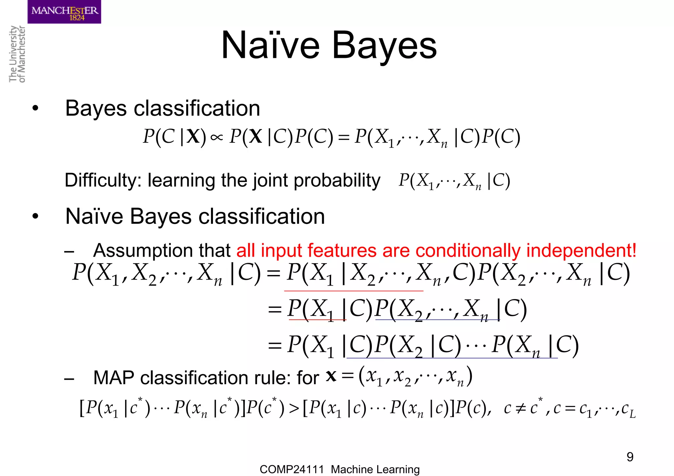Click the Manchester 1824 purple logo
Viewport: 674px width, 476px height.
pyautogui.click(x=64, y=12)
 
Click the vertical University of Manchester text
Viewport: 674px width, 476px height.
pyautogui.click(x=17, y=54)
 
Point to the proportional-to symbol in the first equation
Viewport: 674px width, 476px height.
pyautogui.click(x=217, y=137)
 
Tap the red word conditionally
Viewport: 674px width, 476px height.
pyautogui.click(x=468, y=250)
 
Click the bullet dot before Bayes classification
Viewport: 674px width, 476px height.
pyautogui.click(x=35, y=108)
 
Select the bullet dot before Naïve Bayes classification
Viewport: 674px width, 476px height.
pyautogui.click(x=35, y=216)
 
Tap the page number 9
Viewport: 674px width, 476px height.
pyautogui.click(x=630, y=457)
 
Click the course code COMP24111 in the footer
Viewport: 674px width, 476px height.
pyautogui.click(x=292, y=469)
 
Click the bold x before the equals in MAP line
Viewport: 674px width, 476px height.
pyautogui.click(x=331, y=375)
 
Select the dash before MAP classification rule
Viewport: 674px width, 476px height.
pyautogui.click(x=69, y=379)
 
